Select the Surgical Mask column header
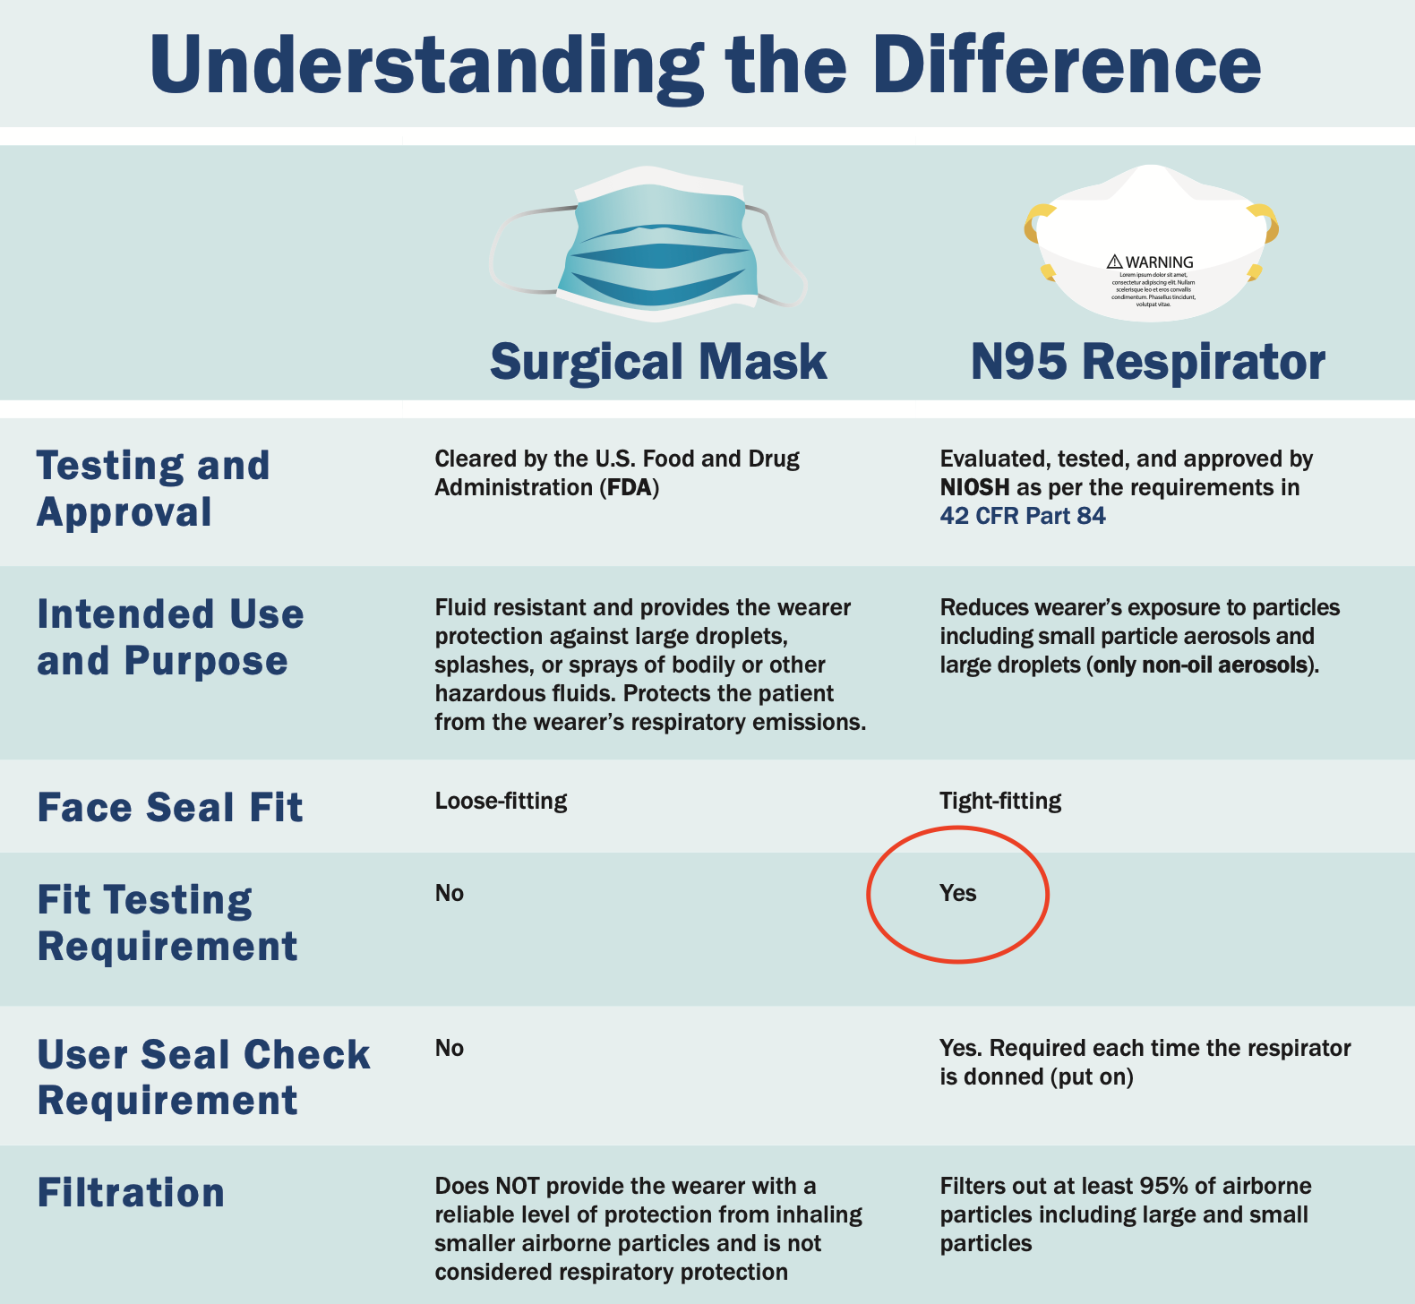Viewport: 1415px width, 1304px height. coord(658,362)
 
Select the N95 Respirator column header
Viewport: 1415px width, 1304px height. coord(1147,362)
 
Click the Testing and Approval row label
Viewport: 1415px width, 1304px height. coord(153,489)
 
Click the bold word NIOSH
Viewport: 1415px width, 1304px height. coord(974,488)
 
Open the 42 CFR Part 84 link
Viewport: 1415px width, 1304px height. coord(1022,517)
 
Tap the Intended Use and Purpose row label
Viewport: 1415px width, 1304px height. coord(170,638)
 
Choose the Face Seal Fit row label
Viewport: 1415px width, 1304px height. coord(170,807)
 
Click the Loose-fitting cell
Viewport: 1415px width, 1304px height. coord(501,801)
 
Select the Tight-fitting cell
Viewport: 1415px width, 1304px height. coord(1000,801)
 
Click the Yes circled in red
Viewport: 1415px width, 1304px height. coord(957,894)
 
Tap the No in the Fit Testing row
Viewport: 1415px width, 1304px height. coord(450,894)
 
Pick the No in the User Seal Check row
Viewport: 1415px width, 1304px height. coord(450,1049)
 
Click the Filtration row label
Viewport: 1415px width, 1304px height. coord(131,1193)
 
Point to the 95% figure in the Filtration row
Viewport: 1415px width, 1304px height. coord(1163,1187)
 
